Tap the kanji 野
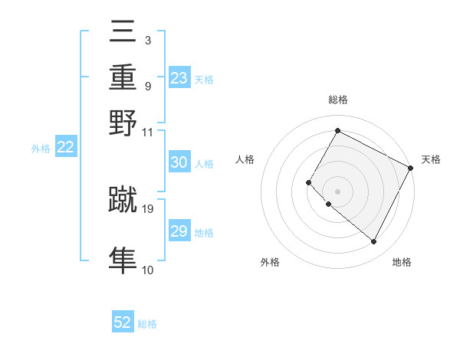[x=123, y=123]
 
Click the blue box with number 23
[x=179, y=78]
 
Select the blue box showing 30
[x=179, y=162]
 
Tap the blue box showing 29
[x=179, y=231]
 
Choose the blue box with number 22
[x=66, y=148]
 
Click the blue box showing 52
[x=123, y=322]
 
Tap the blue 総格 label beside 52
[x=147, y=324]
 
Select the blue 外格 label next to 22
[x=41, y=149]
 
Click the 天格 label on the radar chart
[x=431, y=159]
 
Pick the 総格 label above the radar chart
[x=337, y=100]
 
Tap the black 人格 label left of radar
[x=245, y=159]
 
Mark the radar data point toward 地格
[x=374, y=242]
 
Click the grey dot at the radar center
[x=337, y=191]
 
